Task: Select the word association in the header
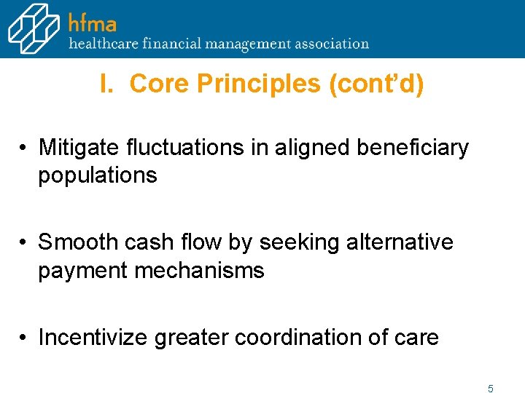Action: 332,43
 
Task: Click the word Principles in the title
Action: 260,84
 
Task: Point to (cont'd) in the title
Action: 376,84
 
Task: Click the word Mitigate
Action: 79,148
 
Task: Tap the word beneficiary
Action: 412,148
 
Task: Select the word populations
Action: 98,175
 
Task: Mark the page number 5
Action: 491,389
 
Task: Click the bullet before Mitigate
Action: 24,148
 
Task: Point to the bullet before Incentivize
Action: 24,338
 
